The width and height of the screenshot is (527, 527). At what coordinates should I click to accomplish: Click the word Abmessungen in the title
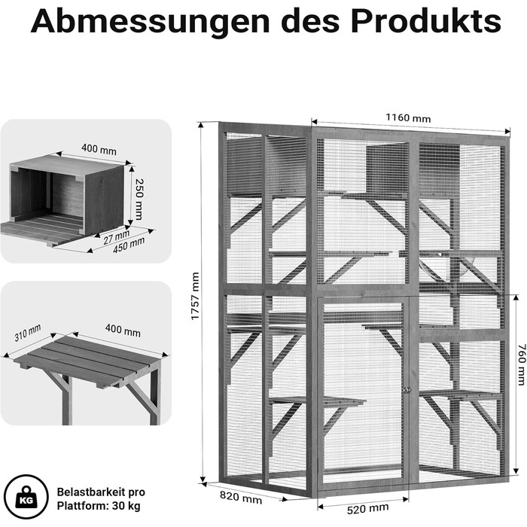[151, 22]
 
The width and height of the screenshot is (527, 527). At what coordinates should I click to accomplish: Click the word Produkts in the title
[426, 21]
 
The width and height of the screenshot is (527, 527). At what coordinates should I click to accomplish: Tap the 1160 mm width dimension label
[408, 118]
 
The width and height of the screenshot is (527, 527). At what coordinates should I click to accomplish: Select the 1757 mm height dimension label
[195, 296]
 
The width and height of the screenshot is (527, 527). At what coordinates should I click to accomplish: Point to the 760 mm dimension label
[521, 364]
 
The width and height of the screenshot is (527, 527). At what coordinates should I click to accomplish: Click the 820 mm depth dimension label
[241, 498]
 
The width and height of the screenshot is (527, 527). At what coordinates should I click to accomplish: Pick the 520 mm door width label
[367, 508]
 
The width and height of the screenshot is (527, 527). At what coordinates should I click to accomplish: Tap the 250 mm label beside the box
[139, 199]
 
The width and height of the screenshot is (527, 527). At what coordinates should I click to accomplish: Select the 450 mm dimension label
[129, 245]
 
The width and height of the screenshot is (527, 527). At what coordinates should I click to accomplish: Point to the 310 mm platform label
[28, 333]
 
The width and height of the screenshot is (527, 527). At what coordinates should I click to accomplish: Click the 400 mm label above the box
[99, 149]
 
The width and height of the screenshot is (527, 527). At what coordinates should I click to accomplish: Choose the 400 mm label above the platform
[123, 330]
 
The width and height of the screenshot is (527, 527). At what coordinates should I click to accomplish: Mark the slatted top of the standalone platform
[88, 360]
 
